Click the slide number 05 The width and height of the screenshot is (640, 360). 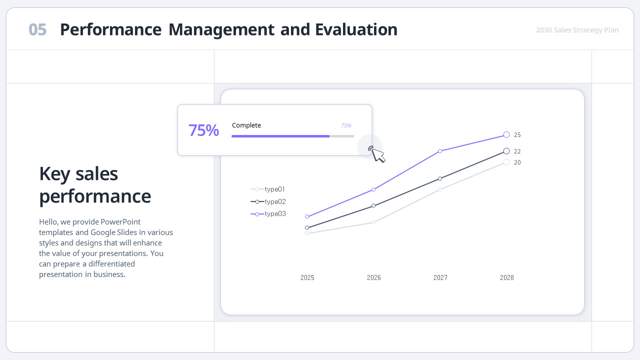tap(37, 30)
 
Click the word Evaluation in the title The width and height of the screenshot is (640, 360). tap(356, 30)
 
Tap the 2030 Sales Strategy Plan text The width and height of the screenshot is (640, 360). tap(577, 30)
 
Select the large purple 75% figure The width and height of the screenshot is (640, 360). tap(203, 130)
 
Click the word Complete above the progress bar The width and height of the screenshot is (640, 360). tap(246, 125)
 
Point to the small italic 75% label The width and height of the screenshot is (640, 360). tap(346, 125)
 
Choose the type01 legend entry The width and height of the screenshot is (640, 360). tap(274, 189)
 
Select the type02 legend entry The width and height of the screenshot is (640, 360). tap(274, 201)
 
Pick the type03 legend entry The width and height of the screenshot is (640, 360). tap(274, 214)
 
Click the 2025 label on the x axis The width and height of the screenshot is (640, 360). tap(307, 277)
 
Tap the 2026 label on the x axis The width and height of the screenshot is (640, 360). tap(374, 277)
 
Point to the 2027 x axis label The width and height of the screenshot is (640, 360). tap(440, 277)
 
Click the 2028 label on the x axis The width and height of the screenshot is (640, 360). tap(507, 277)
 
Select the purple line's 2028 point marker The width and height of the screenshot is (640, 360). tap(506, 134)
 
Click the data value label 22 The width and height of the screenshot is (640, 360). tap(517, 151)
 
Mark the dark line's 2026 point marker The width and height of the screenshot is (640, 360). tap(373, 205)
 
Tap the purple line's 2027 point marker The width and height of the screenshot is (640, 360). tap(440, 151)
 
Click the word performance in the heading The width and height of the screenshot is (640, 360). tap(95, 196)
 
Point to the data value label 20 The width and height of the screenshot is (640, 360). tap(517, 162)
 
